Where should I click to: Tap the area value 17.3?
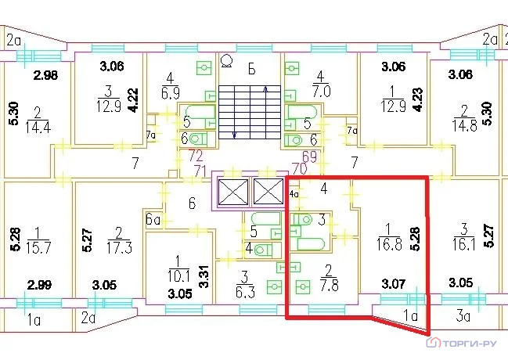click(x=119, y=249)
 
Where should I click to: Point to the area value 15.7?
click(x=35, y=249)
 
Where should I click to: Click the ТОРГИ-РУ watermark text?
click(x=469, y=343)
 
